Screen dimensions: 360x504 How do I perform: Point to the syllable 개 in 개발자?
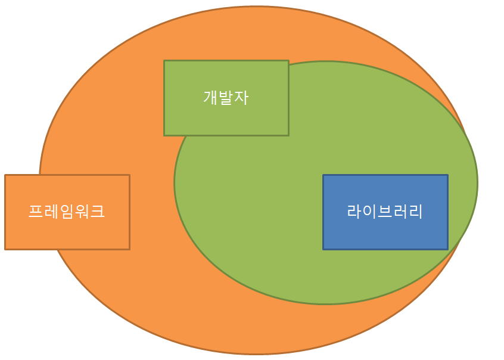(210, 97)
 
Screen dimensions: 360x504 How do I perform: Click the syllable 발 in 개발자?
(226, 97)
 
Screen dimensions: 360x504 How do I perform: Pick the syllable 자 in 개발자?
(241, 97)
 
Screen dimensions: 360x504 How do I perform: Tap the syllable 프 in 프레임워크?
(36, 211)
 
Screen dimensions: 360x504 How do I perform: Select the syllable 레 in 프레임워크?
(51, 211)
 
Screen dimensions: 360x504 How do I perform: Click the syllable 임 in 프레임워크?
(67, 211)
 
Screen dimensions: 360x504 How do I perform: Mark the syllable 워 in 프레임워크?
(82, 211)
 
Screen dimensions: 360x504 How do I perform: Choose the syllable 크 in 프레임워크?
(98, 211)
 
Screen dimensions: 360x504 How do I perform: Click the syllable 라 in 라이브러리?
(354, 211)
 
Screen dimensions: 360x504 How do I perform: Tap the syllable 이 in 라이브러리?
(369, 211)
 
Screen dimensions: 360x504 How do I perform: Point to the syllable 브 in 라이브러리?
(385, 211)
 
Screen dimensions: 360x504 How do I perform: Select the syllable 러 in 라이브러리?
(400, 211)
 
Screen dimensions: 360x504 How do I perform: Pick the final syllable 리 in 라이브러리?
(416, 211)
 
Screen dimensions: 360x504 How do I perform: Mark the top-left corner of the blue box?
(323, 175)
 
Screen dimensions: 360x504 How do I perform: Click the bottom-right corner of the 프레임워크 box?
(129, 249)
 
